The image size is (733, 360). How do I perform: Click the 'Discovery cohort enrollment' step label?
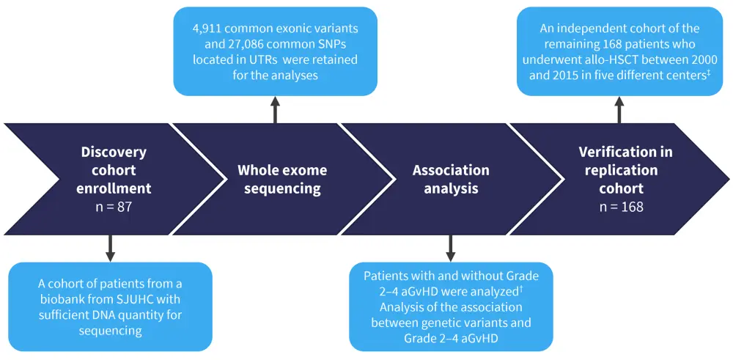coord(114,170)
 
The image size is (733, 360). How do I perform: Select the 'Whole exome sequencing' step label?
coord(282,179)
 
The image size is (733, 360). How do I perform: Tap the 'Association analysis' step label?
coord(451,179)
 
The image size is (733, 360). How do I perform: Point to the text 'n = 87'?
coord(114,207)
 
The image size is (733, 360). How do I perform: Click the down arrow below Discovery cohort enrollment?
coord(110,248)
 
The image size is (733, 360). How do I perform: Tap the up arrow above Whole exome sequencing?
coord(276,110)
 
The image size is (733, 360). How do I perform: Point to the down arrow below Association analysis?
coord(450,248)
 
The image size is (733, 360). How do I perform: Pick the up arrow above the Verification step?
coord(619,110)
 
